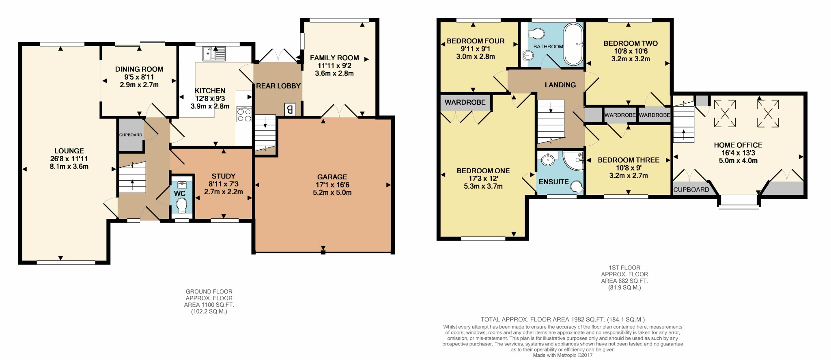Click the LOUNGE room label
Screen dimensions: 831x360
pos(69,151)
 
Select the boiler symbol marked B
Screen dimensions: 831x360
pos(290,109)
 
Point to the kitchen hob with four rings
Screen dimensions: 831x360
pos(244,114)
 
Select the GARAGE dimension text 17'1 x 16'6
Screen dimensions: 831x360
pos(332,185)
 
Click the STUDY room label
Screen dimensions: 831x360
pos(224,176)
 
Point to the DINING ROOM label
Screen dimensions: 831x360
pos(139,69)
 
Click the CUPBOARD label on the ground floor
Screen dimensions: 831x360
pos(131,135)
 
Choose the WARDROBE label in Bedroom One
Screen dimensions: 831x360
pos(465,102)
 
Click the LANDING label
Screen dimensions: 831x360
pos(560,85)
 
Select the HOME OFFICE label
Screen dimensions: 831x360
pos(738,145)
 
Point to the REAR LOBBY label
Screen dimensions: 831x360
pos(278,86)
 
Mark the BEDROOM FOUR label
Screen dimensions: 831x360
pos(476,41)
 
